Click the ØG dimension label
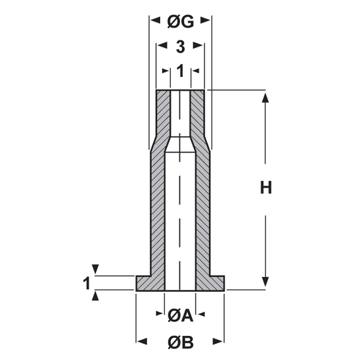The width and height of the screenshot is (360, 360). (181, 22)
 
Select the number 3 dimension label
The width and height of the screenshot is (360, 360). (181, 47)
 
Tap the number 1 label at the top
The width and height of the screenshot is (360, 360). (181, 71)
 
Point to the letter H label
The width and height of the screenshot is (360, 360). (266, 187)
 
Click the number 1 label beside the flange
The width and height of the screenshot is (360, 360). (86, 283)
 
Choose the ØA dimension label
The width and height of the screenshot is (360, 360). (180, 316)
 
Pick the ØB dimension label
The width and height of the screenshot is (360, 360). (181, 343)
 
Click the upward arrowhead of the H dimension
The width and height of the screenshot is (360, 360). (265, 98)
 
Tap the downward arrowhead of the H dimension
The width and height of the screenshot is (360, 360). (265, 282)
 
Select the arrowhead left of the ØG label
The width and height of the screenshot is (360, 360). (155, 20)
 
